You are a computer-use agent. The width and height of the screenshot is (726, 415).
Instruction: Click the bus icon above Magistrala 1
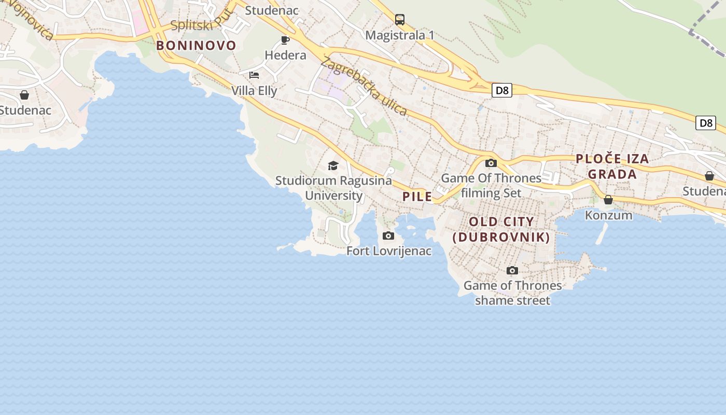399,20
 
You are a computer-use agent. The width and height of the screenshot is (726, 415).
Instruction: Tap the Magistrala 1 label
399,35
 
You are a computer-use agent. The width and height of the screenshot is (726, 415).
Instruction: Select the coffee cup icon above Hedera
285,40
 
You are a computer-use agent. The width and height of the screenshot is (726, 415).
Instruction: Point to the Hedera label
285,55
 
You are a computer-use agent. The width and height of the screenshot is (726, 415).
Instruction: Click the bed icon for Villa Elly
254,75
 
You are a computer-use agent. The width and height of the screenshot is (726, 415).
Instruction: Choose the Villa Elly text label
254,91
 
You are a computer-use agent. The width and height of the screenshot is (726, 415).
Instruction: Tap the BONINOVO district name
196,46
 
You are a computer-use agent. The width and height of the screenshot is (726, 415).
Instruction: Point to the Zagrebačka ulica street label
364,86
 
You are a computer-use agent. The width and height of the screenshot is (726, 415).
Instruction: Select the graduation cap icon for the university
333,165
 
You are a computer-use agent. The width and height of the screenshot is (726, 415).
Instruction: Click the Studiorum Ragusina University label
333,188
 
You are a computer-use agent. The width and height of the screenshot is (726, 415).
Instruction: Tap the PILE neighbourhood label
417,197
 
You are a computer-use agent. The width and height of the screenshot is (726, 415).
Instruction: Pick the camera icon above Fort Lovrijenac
388,236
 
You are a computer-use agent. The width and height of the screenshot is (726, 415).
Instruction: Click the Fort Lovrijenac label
389,251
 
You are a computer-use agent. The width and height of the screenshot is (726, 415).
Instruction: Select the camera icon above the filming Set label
491,163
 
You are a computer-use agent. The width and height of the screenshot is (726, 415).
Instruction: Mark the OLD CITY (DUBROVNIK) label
501,229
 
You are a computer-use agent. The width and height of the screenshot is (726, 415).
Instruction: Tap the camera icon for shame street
512,270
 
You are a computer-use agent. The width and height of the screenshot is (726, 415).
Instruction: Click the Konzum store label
608,215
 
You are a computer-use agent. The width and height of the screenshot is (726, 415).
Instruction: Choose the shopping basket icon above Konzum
608,200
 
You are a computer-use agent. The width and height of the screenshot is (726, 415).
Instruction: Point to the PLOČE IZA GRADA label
612,166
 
